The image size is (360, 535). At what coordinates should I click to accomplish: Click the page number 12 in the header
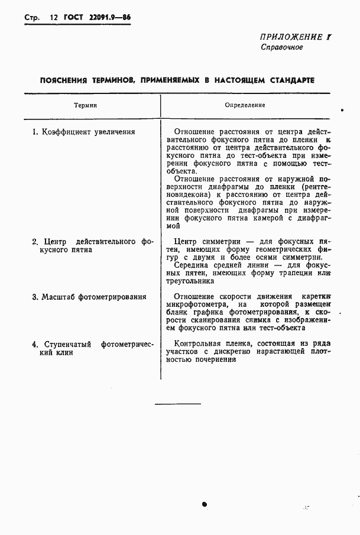[53, 18]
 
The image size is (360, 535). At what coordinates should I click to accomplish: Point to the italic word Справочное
[282, 47]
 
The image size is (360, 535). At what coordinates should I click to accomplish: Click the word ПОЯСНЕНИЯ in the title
[63, 80]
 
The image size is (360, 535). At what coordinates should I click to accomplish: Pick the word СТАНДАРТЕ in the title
[289, 80]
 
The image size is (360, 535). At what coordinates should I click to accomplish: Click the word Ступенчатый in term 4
[66, 344]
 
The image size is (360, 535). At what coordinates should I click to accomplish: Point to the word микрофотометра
[198, 304]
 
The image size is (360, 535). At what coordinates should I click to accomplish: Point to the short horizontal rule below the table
[178, 404]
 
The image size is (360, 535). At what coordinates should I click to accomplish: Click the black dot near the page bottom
[205, 504]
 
